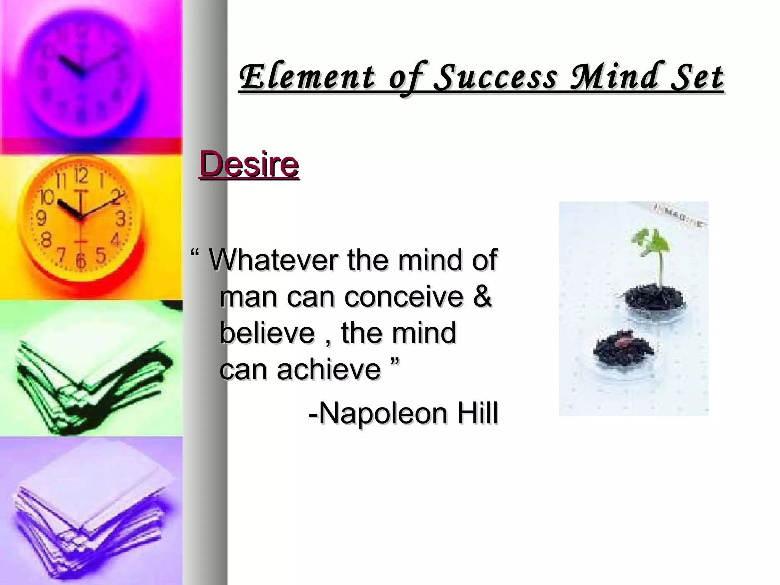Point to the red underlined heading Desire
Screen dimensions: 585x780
(x=249, y=165)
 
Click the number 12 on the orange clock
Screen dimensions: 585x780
(x=81, y=176)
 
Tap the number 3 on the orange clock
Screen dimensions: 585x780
(x=121, y=220)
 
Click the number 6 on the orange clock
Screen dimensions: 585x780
(x=81, y=261)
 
